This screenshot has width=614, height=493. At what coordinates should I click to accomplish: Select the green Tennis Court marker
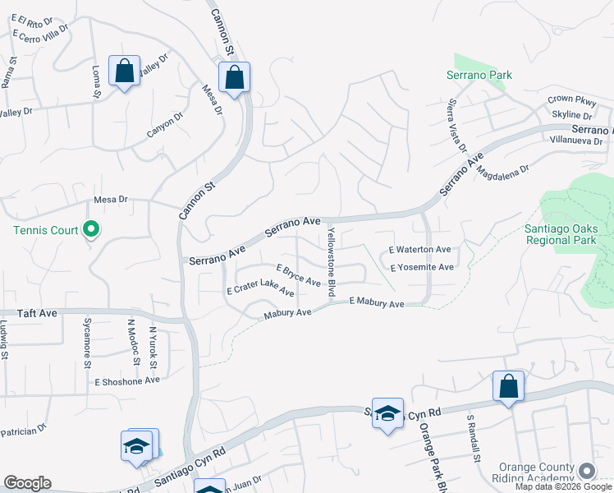click(x=92, y=230)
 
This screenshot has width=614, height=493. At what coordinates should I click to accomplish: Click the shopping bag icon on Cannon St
click(x=234, y=78)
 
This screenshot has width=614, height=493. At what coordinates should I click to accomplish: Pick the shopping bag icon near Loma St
click(x=124, y=71)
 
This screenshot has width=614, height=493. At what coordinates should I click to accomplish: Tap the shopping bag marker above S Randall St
click(x=508, y=386)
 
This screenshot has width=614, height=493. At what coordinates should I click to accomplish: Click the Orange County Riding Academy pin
click(x=587, y=470)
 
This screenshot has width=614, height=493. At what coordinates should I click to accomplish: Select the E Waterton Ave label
click(x=419, y=250)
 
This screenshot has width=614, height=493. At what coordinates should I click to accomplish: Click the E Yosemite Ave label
click(x=422, y=268)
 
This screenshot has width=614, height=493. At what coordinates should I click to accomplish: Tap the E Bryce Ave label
click(x=298, y=275)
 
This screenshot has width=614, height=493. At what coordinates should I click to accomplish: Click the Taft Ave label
click(x=38, y=314)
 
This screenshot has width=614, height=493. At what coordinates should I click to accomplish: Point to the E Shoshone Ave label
click(x=127, y=381)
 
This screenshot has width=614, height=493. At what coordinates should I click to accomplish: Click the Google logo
click(x=27, y=483)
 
